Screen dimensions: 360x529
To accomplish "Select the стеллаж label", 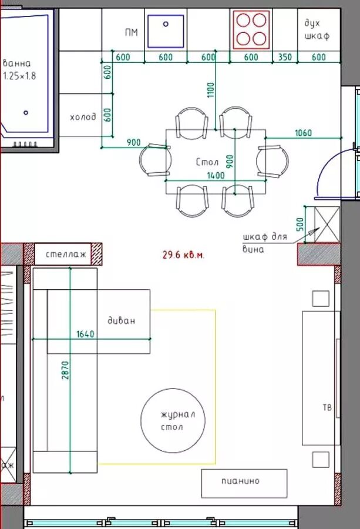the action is (x=66, y=254).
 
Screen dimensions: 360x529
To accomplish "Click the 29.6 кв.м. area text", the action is (x=183, y=255).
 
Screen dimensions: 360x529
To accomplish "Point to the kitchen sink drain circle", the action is (x=166, y=24).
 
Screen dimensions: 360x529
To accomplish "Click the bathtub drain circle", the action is (x=26, y=113).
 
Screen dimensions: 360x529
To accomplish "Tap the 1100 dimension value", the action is (x=211, y=90).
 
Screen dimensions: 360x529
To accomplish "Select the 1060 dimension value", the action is (x=304, y=133).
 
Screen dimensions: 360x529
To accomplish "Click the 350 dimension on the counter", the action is (x=285, y=56).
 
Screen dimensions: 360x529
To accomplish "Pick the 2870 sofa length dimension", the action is (x=65, y=370).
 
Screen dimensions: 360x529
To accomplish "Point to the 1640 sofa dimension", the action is (x=85, y=334).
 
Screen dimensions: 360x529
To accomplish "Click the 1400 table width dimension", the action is (x=216, y=175).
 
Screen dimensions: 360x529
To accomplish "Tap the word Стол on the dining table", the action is (x=207, y=162).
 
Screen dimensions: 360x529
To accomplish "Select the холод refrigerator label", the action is (x=83, y=117).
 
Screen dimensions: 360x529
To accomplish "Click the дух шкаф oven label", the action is (x=317, y=29).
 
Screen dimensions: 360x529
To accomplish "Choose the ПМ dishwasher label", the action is (x=132, y=32).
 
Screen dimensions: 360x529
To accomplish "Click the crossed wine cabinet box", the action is (x=327, y=225).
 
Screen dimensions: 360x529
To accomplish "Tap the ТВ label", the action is (x=327, y=407).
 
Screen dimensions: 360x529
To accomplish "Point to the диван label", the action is (x=122, y=320).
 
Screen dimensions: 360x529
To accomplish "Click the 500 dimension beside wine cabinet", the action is (x=300, y=225).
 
